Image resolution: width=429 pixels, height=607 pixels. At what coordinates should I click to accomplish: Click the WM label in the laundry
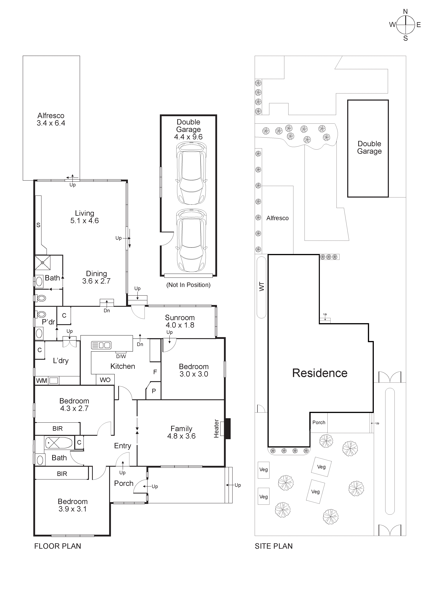coord(41,381)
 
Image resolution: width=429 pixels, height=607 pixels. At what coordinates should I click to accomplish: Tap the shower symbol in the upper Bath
coord(43,263)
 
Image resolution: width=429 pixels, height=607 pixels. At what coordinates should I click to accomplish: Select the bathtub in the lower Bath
coord(58,443)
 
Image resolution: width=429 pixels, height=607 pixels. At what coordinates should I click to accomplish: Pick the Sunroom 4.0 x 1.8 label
coord(180,321)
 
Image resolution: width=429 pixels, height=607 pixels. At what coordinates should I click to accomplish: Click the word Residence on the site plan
coord(320,373)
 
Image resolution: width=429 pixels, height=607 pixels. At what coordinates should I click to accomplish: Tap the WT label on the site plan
coord(262,287)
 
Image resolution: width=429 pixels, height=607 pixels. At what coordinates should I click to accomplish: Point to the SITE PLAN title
coord(273,546)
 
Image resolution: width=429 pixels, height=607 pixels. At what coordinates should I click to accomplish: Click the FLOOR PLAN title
coord(58,546)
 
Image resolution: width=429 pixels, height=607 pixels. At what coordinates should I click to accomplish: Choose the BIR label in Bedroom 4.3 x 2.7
coord(58,429)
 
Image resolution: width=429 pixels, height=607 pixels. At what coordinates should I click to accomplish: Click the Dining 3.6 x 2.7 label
coord(96,277)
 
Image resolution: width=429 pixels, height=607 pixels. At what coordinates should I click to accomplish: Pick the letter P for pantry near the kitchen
coord(154,391)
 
